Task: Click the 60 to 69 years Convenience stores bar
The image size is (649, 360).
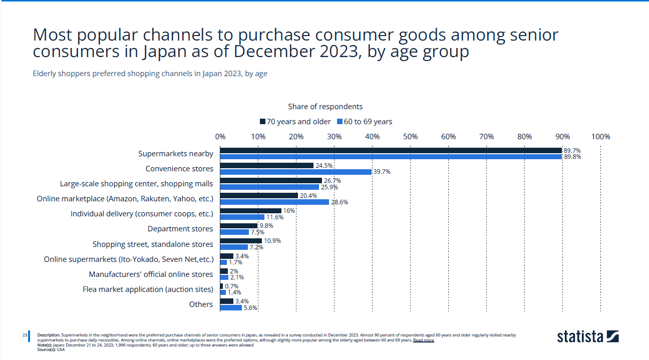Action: [x=295, y=172]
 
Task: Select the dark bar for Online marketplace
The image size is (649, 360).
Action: [x=259, y=196]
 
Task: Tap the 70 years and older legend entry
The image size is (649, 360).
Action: [x=295, y=122]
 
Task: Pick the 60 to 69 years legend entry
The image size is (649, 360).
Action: [x=365, y=122]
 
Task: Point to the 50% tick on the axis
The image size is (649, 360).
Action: [x=410, y=137]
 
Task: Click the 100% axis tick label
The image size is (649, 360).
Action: [x=600, y=137]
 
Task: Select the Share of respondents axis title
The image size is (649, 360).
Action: [x=325, y=107]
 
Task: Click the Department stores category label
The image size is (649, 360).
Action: [x=180, y=229]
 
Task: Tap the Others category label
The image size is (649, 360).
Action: [x=201, y=304]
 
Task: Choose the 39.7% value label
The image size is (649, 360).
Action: [x=382, y=172]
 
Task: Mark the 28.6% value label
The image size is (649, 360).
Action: [x=340, y=202]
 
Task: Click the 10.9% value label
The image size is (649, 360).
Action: [x=272, y=241]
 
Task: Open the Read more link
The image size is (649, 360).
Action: [x=423, y=340]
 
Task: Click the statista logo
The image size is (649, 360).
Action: [x=587, y=336]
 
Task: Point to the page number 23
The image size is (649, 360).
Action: [x=25, y=334]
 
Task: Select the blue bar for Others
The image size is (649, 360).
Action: [x=231, y=307]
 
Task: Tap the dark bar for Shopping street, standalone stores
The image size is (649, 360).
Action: [x=241, y=241]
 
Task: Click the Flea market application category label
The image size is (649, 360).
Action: [x=148, y=289]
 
